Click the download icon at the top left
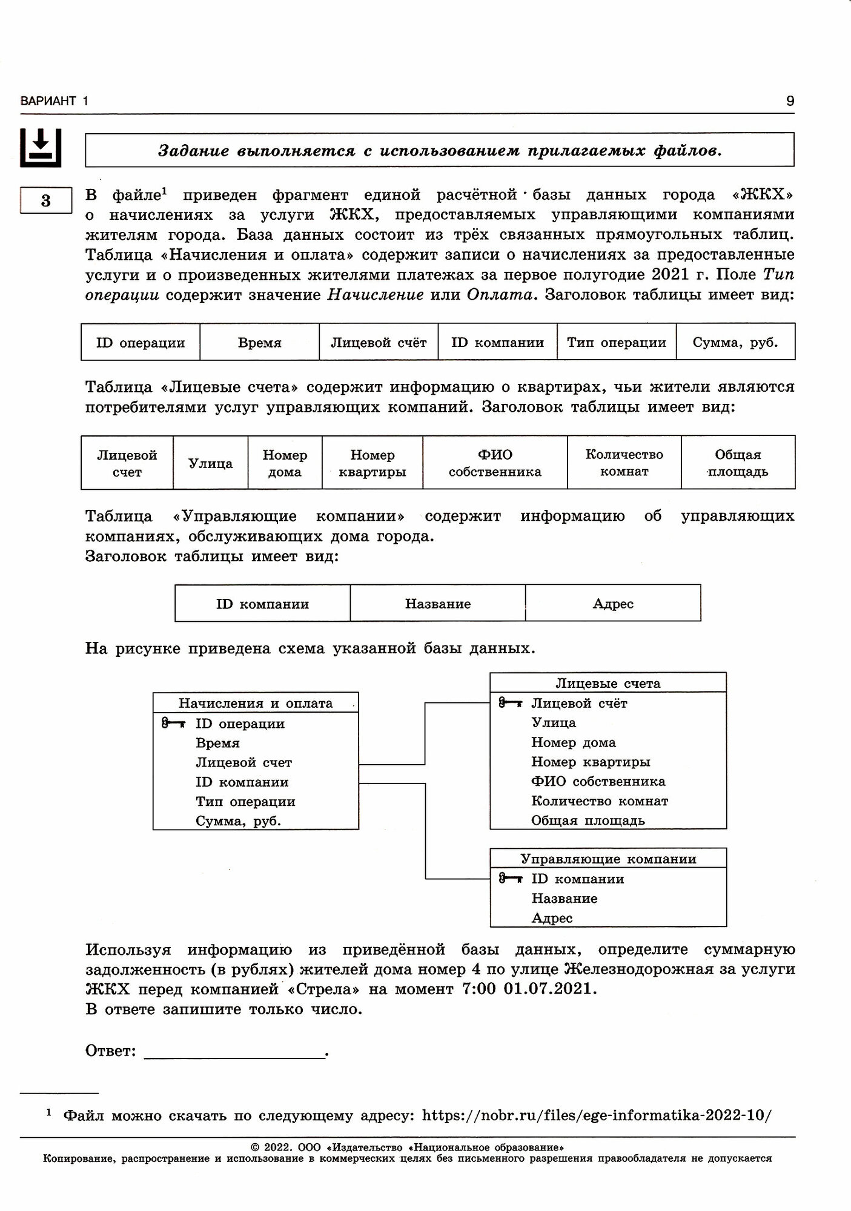41,147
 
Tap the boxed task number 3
46,200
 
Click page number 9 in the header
790,101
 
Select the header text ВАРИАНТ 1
54,101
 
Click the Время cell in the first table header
259,343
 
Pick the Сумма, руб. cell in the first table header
735,343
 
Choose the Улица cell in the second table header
210,463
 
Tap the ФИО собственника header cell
495,463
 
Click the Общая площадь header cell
738,463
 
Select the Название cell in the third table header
438,604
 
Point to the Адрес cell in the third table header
613,604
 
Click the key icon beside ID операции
173,723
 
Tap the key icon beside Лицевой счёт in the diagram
510,703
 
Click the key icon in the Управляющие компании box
510,879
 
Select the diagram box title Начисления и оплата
256,703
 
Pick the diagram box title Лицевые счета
608,683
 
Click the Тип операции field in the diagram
245,802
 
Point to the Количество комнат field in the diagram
600,801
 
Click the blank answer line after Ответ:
235,1051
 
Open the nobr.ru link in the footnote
597,1115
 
